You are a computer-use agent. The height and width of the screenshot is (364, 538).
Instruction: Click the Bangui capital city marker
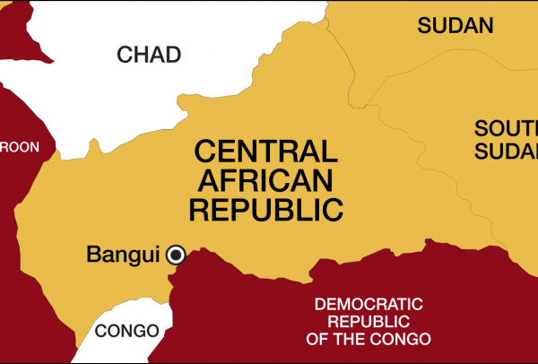(x=177, y=255)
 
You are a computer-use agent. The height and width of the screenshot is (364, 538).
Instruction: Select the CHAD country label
(x=148, y=56)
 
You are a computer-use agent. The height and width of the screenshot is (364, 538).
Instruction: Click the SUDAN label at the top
(x=456, y=25)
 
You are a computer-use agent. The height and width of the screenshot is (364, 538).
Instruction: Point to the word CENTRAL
(x=266, y=151)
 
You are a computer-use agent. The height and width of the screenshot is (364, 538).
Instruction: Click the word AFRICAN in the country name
(x=266, y=180)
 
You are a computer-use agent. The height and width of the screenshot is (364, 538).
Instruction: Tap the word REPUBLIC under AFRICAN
(x=266, y=210)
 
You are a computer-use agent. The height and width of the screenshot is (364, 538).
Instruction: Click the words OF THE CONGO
(x=367, y=339)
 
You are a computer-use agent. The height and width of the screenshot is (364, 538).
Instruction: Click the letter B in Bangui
(x=93, y=255)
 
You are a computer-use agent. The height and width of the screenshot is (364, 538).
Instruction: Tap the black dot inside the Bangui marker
(x=177, y=255)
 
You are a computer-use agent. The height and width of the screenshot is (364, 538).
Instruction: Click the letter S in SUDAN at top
(x=423, y=25)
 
